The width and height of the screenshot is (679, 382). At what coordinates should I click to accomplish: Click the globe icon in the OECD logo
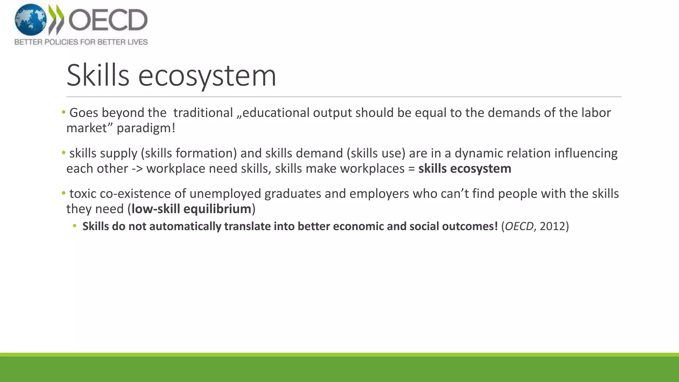[x=31, y=20]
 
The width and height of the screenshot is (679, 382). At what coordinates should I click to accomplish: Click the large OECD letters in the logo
[x=108, y=20]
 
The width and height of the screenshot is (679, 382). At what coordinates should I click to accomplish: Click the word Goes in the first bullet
[x=84, y=113]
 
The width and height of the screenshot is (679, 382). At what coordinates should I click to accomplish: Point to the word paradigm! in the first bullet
[x=146, y=128]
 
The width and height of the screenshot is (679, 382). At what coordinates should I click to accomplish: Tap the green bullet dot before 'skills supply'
[x=64, y=153]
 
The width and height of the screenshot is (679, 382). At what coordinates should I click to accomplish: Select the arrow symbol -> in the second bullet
[x=137, y=168]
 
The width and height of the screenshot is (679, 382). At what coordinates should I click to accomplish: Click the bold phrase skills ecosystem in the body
[x=464, y=168]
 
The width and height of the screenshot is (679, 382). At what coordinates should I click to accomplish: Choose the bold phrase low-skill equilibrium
[x=191, y=209]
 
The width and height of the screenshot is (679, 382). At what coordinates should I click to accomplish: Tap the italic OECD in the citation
[x=519, y=226]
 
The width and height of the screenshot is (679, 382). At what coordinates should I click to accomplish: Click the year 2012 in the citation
[x=552, y=226]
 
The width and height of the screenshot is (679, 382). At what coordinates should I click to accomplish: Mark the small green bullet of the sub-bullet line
[x=75, y=226]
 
